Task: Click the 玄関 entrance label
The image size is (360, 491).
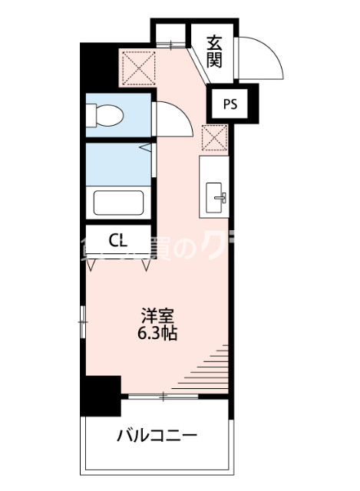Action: (x=214, y=51)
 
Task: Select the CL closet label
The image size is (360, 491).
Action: (x=117, y=241)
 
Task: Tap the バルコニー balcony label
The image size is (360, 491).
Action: (x=157, y=436)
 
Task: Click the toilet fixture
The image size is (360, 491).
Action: (x=103, y=115)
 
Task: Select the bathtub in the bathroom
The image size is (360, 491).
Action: (x=119, y=203)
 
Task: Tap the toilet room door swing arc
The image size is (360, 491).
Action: (x=169, y=119)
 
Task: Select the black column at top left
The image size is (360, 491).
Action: (x=98, y=68)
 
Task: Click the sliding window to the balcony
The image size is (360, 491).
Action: (x=164, y=396)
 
